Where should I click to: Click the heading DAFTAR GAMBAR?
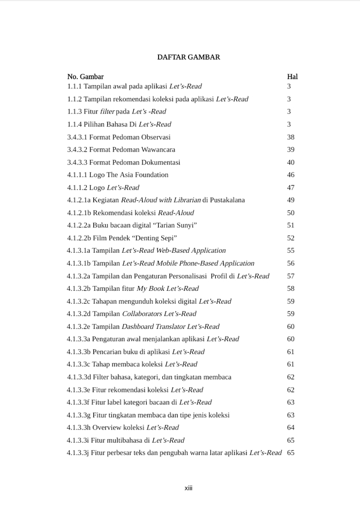[x=188, y=57]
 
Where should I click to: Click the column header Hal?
[x=292, y=77]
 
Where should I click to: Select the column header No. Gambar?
[x=86, y=77]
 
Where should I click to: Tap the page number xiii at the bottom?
[x=188, y=488]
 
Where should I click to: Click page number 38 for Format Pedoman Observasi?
[x=291, y=137]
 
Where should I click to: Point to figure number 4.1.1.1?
[x=77, y=175]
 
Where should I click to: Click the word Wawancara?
[x=157, y=150]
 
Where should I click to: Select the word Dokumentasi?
[x=161, y=162]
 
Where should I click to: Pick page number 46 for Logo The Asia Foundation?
[x=291, y=175]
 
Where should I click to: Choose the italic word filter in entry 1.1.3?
[x=107, y=112]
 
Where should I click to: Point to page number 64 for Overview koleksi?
[x=291, y=428]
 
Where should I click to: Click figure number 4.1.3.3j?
[x=78, y=453]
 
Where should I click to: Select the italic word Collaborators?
[x=142, y=314]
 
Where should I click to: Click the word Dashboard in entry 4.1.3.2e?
[x=138, y=327]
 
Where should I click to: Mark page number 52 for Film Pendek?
[x=291, y=238]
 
